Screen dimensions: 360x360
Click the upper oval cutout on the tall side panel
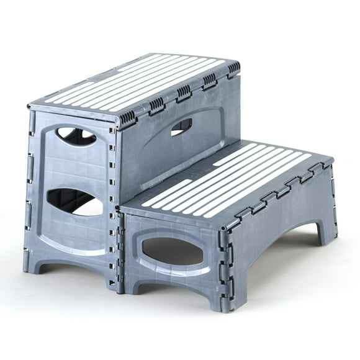click(76, 135)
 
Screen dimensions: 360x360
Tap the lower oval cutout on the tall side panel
click(74, 202)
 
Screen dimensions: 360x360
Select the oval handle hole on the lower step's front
click(172, 250)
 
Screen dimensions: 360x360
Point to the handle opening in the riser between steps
click(181, 127)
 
